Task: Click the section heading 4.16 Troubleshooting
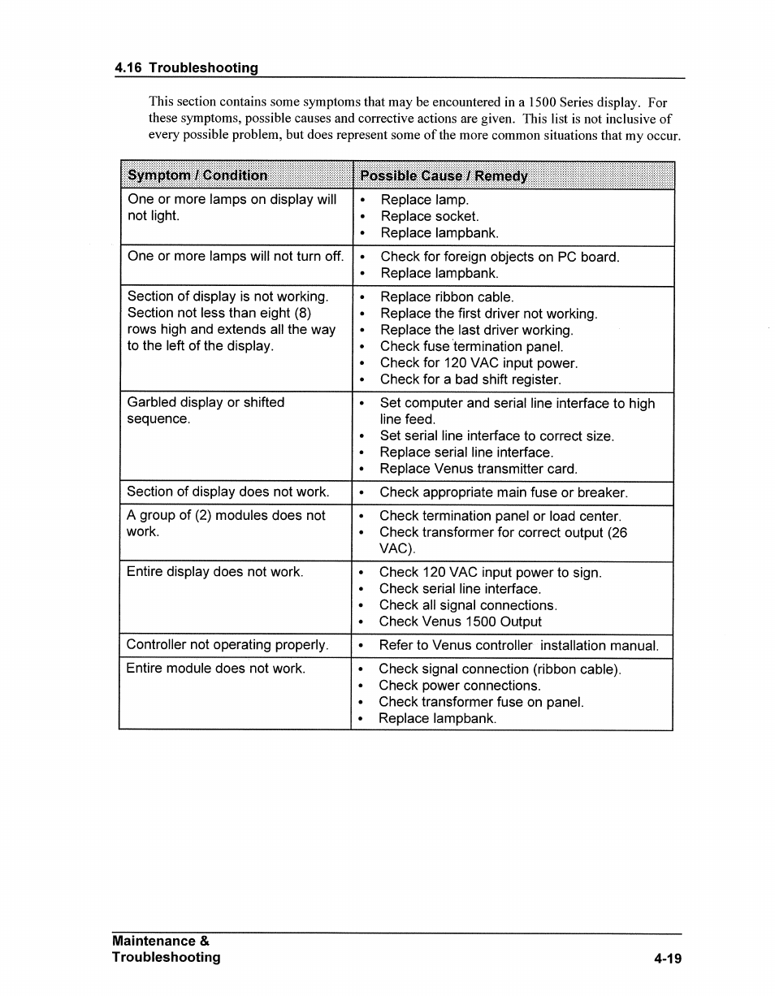pos(186,67)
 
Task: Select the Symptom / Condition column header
pos(197,175)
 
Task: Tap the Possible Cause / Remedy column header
pos(444,176)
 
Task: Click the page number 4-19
pos(667,959)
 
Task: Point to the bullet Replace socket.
pos(429,216)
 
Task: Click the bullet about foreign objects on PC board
pos(499,257)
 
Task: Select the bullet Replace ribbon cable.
pos(446,297)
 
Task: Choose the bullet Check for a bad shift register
pos(470,379)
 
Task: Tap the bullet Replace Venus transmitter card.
pos(478,469)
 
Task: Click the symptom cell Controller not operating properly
pos(227,645)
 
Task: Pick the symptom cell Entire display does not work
pos(214,572)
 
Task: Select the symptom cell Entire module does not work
pos(215,669)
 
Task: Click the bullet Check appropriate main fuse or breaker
pos(503,492)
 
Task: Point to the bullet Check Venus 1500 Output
pos(460,621)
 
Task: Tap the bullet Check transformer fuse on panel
pos(481,702)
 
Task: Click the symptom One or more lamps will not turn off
pos(235,257)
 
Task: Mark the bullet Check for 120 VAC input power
pos(478,363)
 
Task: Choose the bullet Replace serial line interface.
pos(465,453)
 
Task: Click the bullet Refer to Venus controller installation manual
pos(518,646)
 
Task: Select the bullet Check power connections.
pos(459,686)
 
